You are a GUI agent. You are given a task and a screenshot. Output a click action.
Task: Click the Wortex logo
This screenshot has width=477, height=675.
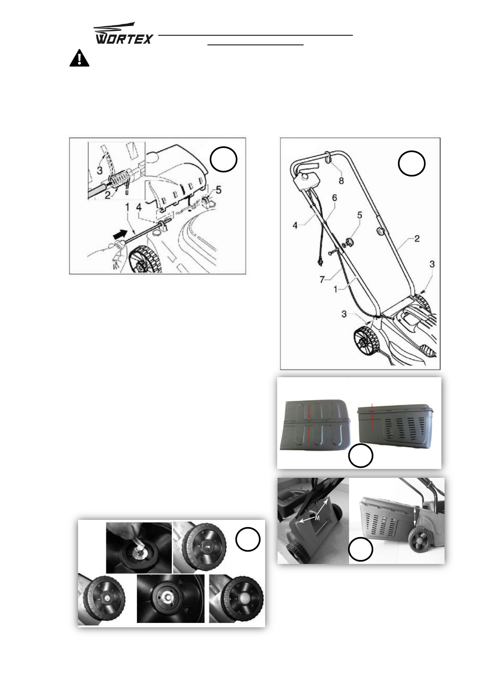[x=123, y=33]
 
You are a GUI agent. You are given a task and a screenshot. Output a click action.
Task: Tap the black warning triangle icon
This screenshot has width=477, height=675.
[x=79, y=58]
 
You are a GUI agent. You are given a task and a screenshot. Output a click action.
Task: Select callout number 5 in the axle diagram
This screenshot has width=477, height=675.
[x=219, y=190]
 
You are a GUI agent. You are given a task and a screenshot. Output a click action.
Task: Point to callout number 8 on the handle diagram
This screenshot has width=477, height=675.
[x=341, y=180]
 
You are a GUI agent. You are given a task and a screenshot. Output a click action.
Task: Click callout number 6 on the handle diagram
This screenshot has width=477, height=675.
[x=334, y=198]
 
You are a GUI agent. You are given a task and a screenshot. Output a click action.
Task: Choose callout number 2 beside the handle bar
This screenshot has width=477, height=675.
[x=417, y=238]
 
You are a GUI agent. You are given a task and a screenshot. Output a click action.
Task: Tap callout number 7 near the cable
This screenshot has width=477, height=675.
[x=322, y=279]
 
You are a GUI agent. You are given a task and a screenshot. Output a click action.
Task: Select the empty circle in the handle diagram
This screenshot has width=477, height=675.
[x=412, y=163]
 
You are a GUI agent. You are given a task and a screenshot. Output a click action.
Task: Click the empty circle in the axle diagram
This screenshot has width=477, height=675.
[x=223, y=160]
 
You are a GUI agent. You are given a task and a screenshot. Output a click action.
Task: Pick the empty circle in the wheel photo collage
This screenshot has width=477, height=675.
[x=248, y=539]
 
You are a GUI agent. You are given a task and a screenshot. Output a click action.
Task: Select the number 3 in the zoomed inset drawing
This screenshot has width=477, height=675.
[x=100, y=170]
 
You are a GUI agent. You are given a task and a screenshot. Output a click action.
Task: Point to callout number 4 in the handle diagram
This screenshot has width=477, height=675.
[x=295, y=225]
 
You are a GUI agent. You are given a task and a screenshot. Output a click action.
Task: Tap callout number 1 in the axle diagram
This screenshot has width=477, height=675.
[x=127, y=207]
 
